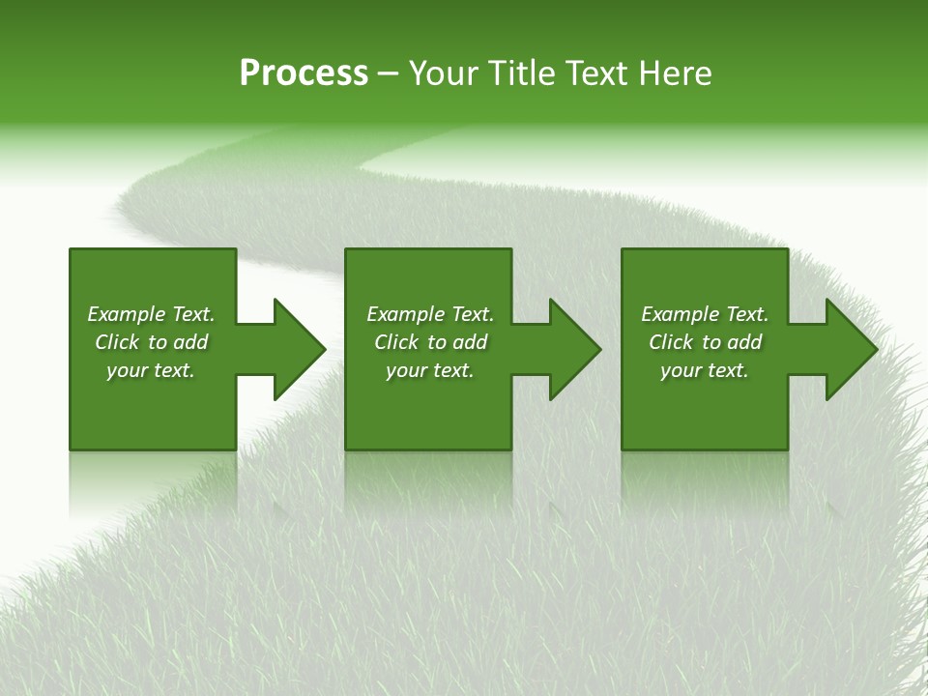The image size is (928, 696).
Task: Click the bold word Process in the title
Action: [304, 73]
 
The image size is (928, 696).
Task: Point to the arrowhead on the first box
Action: [298, 349]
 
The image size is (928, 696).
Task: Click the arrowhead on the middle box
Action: [574, 349]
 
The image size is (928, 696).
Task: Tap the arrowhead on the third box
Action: [851, 349]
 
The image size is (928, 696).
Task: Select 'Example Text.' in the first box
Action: [151, 314]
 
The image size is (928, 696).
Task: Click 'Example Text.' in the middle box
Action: [430, 314]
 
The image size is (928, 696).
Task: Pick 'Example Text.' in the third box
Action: [705, 314]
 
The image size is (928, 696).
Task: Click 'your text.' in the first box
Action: [151, 370]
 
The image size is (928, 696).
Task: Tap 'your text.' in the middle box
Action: [430, 370]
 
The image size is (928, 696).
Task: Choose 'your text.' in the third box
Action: [705, 370]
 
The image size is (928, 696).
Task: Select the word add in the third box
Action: [744, 342]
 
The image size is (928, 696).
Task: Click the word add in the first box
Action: [190, 342]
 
